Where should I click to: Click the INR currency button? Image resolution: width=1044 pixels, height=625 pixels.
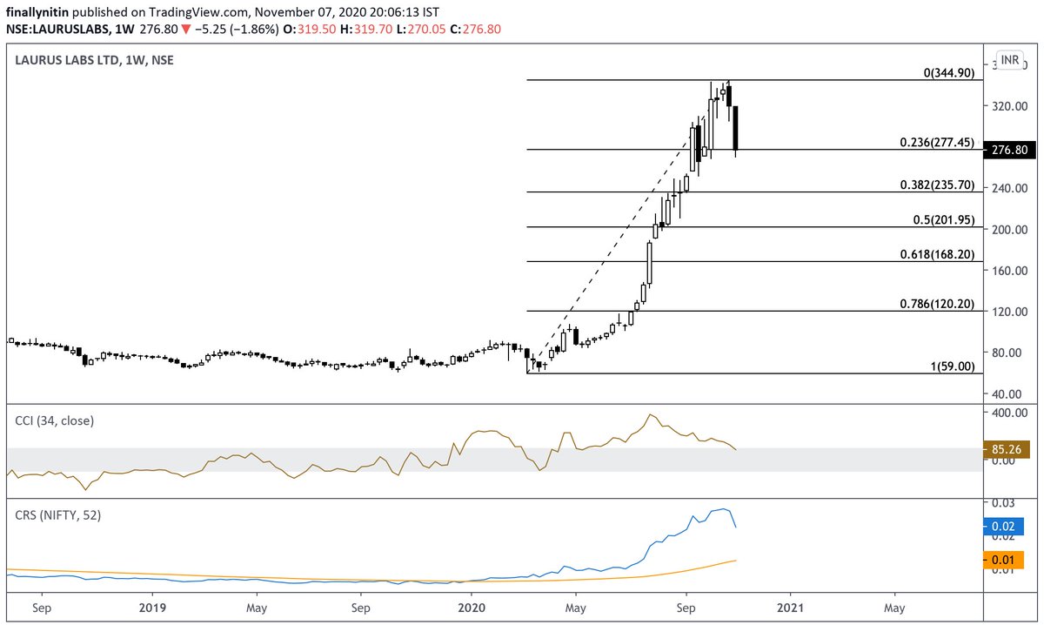[x=1010, y=60]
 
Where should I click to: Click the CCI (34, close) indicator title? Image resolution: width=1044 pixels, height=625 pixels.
[x=54, y=420]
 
